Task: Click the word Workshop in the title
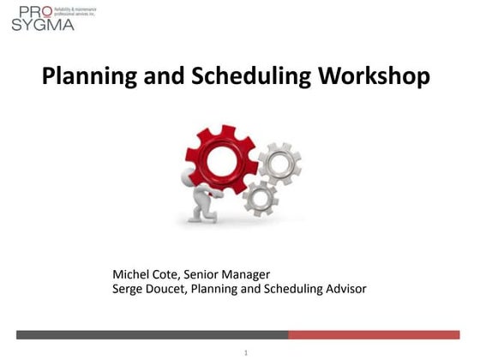[374, 76]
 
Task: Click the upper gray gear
[279, 163]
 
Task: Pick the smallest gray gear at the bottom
[260, 199]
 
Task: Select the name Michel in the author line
[133, 274]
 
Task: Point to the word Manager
[248, 274]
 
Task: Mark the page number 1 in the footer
[245, 352]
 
